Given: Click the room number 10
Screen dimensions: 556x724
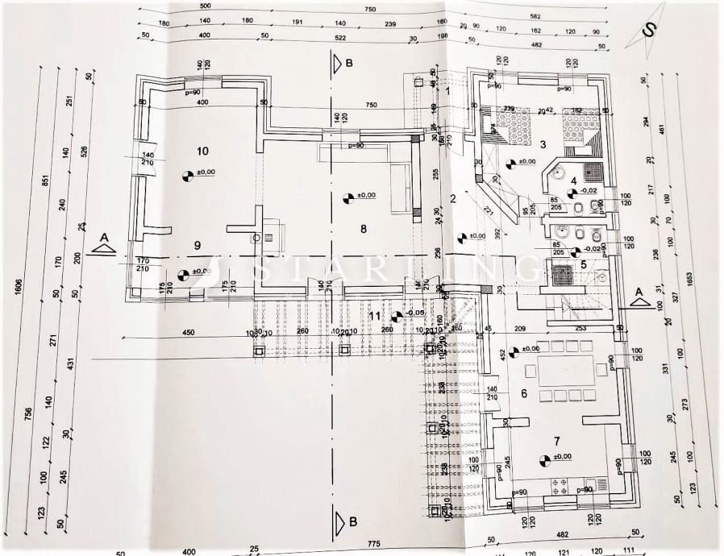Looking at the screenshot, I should [x=202, y=151].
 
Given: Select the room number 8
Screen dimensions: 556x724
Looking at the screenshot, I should [x=364, y=229].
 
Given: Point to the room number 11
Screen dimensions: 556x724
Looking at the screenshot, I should [x=374, y=315].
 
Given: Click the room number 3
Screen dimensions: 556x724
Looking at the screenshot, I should [x=543, y=144].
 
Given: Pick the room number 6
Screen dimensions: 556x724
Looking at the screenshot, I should [x=523, y=393].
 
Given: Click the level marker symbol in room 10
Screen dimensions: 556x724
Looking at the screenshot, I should [x=188, y=174].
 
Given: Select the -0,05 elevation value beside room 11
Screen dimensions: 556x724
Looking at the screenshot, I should [x=417, y=313].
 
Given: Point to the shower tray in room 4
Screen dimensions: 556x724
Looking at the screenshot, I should [x=593, y=172].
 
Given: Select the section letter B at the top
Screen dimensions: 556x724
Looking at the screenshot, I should [x=349, y=62].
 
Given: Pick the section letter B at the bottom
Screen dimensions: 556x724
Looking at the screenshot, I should [x=352, y=522].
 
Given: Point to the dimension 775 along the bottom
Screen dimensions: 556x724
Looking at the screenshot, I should [x=352, y=546].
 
